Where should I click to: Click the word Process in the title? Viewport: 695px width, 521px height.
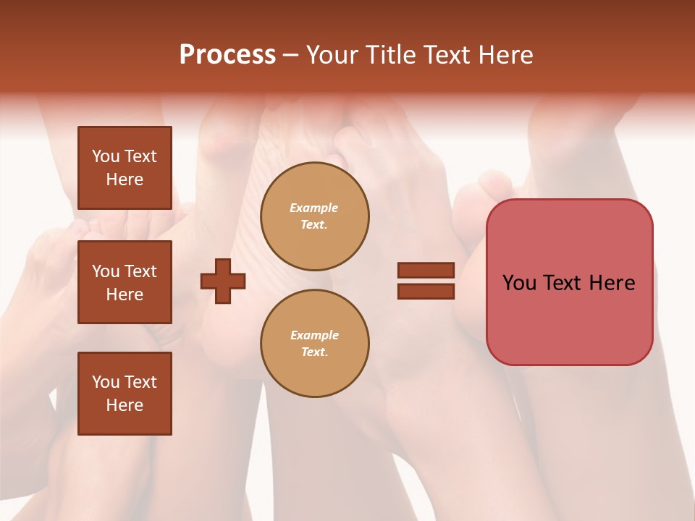[x=227, y=55]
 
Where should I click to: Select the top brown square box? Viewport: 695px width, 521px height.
[x=125, y=168]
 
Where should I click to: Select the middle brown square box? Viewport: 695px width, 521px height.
[x=125, y=282]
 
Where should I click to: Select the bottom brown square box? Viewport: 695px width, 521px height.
[x=125, y=394]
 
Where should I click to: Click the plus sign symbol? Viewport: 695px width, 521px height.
[x=223, y=281]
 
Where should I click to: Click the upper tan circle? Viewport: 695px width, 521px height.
[x=315, y=216]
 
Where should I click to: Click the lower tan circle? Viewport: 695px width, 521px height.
[x=315, y=344]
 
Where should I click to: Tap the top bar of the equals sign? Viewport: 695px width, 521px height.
[x=426, y=270]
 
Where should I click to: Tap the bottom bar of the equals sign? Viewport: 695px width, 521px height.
[x=426, y=291]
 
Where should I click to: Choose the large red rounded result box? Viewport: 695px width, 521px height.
[x=569, y=282]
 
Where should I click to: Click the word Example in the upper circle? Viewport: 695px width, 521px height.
[x=314, y=208]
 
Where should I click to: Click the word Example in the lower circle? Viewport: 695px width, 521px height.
[x=314, y=335]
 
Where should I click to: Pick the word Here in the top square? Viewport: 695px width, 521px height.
[x=125, y=179]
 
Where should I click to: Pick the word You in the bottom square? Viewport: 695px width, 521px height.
[x=105, y=382]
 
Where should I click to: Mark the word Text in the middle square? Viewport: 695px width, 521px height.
[x=140, y=271]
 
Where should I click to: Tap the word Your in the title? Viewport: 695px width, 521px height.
[x=332, y=55]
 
